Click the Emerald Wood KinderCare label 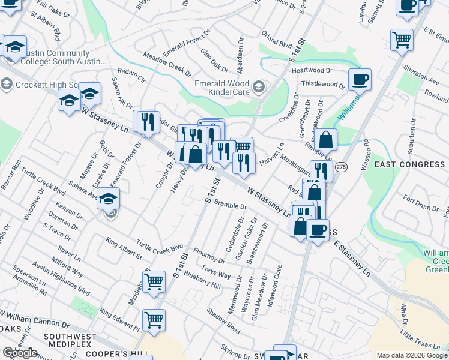coord(224,88)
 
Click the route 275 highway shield coord(341,167)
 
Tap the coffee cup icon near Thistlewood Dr coord(360,79)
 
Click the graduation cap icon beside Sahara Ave coord(109,199)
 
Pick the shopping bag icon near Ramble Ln coord(325,139)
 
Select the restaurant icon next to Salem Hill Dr coord(148,122)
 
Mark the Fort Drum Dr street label coord(421,203)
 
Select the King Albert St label coord(124,248)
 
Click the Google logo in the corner coord(20,353)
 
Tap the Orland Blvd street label coord(276,43)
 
